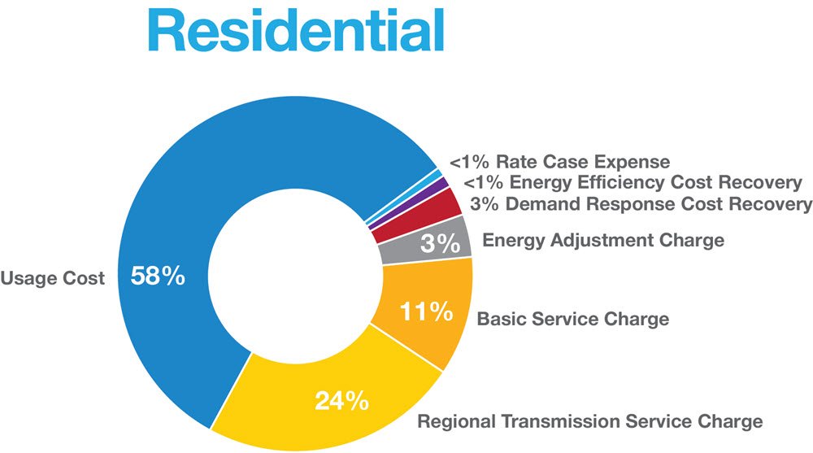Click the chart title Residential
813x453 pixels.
pyautogui.click(x=296, y=30)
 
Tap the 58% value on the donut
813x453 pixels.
pyautogui.click(x=158, y=276)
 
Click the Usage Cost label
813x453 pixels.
pyautogui.click(x=52, y=278)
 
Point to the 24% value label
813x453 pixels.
pyautogui.click(x=341, y=401)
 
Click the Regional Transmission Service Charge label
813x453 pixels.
pyautogui.click(x=590, y=420)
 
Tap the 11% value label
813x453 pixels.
pyautogui.click(x=426, y=311)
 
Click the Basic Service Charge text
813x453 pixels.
pyautogui.click(x=573, y=319)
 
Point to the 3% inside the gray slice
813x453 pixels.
pyautogui.click(x=440, y=243)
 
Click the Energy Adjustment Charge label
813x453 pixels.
pyautogui.click(x=603, y=240)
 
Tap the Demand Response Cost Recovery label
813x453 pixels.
pyautogui.click(x=641, y=204)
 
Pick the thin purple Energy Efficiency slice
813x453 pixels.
pyautogui.click(x=410, y=206)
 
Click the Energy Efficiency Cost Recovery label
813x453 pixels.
pyautogui.click(x=633, y=182)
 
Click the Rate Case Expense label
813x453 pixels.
pyautogui.click(x=560, y=162)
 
